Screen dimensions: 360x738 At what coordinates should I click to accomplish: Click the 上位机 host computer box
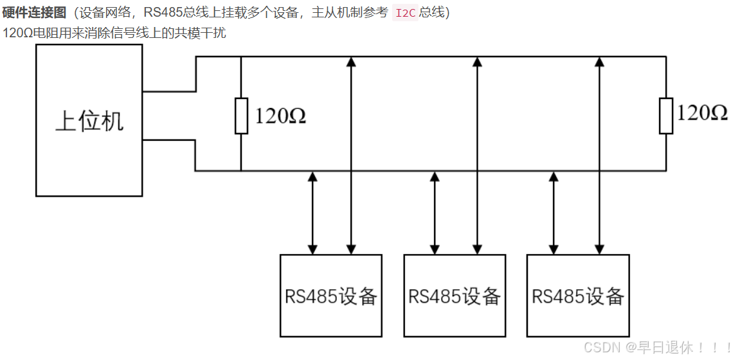click(x=89, y=120)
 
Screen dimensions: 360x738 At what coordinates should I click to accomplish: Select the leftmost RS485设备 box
click(x=331, y=296)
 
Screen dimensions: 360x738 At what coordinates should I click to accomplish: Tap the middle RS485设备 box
click(x=455, y=296)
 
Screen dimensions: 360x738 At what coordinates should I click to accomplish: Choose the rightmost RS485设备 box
click(x=578, y=296)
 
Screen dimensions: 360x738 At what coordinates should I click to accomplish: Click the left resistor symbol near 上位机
click(x=241, y=116)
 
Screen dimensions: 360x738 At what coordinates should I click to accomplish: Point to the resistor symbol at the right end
click(x=666, y=116)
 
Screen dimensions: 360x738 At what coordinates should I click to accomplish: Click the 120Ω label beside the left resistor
click(x=280, y=116)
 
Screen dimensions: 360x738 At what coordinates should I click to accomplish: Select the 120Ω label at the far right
click(x=702, y=114)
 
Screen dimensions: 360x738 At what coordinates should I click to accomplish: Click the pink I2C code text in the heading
click(x=405, y=13)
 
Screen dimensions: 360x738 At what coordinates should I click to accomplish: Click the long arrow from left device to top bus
click(x=351, y=154)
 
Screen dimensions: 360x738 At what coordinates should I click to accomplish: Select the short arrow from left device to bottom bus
click(x=312, y=213)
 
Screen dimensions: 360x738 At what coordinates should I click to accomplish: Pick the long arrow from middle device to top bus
click(x=476, y=154)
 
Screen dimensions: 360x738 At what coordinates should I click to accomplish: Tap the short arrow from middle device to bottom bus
click(x=435, y=213)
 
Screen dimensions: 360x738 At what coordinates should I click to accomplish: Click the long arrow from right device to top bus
click(x=599, y=154)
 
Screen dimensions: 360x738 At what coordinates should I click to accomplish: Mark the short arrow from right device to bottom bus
click(x=553, y=213)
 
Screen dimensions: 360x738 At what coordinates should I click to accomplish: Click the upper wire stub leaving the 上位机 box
click(x=168, y=91)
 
